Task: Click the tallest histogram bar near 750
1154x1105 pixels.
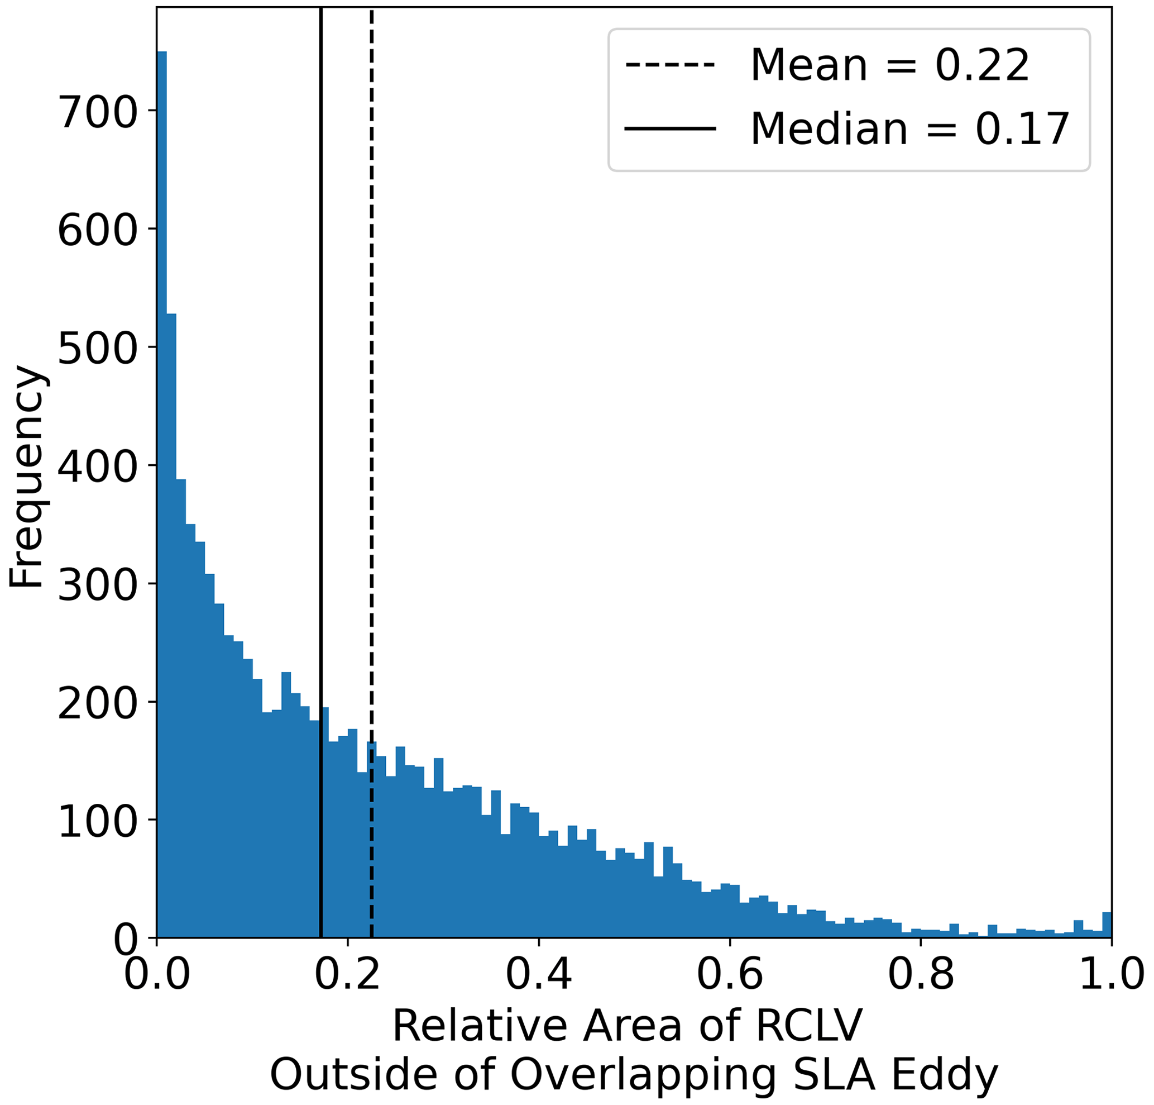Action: tap(162, 471)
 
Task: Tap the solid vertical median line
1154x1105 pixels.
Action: tap(320, 412)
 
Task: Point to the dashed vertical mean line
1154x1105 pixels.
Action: tap(371, 412)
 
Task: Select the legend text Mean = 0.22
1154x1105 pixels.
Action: tap(889, 65)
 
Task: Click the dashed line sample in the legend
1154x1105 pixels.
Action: tap(670, 65)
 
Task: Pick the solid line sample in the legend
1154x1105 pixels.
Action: tap(670, 128)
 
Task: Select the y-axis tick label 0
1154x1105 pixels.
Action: tap(127, 940)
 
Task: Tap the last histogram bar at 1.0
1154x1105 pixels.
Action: tap(1107, 925)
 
